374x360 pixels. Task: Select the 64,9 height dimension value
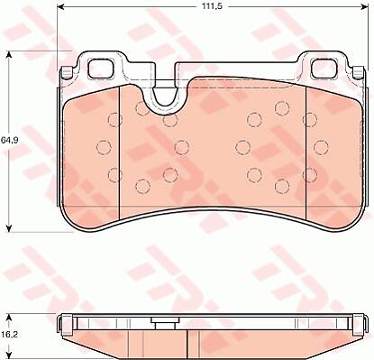(8, 140)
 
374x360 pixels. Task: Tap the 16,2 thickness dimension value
(9, 334)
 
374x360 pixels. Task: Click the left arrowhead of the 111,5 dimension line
(61, 6)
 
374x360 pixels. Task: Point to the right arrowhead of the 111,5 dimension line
(364, 6)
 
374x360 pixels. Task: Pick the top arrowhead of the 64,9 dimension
(9, 54)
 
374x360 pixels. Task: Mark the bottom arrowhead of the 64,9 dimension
(9, 228)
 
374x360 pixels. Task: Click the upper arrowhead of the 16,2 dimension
(9, 318)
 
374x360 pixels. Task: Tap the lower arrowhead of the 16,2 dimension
(9, 355)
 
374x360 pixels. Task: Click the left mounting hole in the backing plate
(101, 68)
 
